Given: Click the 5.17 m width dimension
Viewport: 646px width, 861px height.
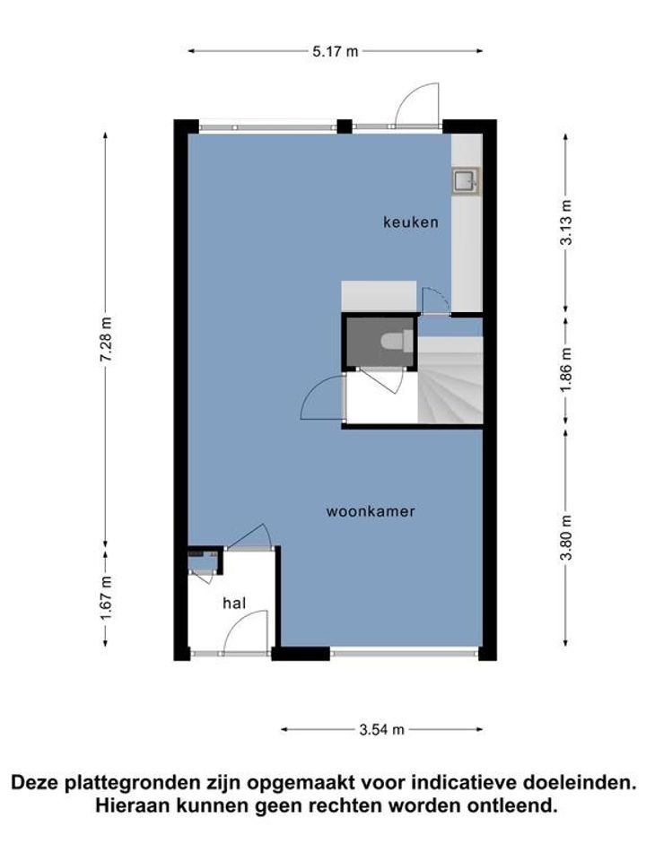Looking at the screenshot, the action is pos(335,52).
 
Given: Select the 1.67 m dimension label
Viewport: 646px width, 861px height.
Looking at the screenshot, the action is pos(107,597).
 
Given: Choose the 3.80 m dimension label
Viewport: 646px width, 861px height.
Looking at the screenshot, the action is pos(566,537).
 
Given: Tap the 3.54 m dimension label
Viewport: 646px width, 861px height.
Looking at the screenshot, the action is pos(382,729).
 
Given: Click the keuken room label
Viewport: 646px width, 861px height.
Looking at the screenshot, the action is pos(411,222).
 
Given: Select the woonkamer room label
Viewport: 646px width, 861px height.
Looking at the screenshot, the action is pos(371,511).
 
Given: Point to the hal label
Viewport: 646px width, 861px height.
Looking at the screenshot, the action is pos(234,604).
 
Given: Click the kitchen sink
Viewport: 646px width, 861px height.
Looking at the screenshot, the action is pos(466,182).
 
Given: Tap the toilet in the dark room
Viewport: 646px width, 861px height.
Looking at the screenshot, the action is pos(397,341).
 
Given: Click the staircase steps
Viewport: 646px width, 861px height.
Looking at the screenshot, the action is pos(450,380).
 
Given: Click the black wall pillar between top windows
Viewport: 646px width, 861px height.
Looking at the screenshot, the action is pos(345,126).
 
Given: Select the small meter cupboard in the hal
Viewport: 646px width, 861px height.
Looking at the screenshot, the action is pos(205,560).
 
